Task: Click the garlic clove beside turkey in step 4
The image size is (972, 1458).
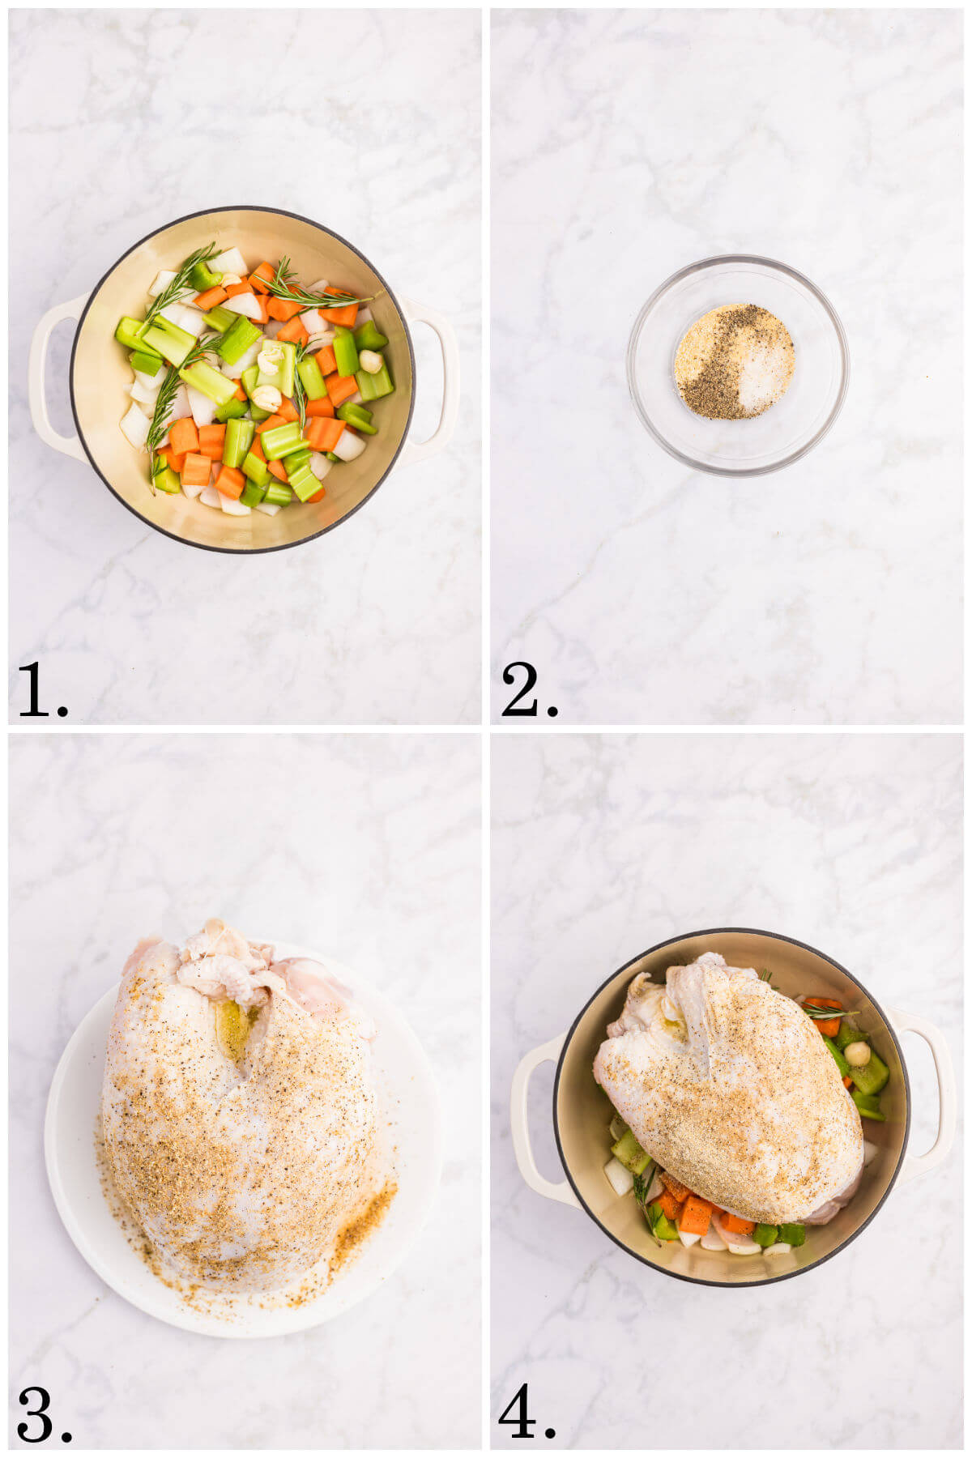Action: (857, 1053)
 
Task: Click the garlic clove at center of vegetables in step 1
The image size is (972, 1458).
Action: (267, 396)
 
